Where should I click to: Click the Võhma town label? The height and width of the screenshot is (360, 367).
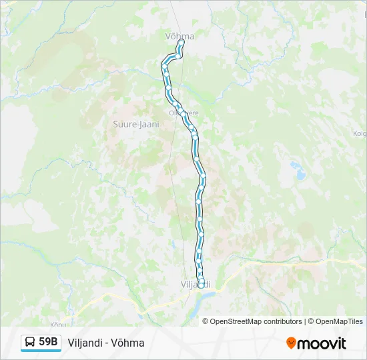point(179,36)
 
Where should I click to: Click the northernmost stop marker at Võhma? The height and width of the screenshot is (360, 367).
point(181,42)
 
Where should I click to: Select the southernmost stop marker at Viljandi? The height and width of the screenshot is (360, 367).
point(201,285)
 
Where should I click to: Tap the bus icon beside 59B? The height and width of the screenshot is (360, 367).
point(30,343)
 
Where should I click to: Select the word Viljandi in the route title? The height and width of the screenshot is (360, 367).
point(86,343)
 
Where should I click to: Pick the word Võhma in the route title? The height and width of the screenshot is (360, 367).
point(129,343)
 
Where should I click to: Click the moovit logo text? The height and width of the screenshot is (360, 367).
point(322,343)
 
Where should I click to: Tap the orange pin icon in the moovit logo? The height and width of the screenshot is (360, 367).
point(291,343)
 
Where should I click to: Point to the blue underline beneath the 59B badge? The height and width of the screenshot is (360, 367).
point(41,351)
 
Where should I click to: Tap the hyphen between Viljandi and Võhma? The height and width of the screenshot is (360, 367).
point(109,343)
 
